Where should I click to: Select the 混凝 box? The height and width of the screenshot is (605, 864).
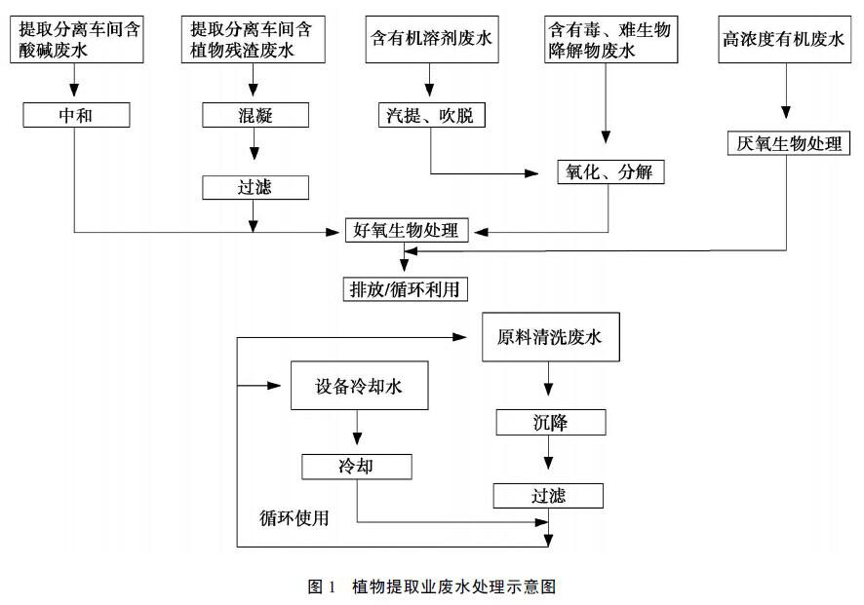pyautogui.click(x=255, y=116)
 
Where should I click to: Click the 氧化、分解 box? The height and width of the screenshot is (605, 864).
pyautogui.click(x=609, y=173)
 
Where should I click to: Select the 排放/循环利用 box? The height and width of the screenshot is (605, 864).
pyautogui.click(x=404, y=289)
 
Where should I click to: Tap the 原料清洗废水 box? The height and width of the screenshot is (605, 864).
pyautogui.click(x=549, y=338)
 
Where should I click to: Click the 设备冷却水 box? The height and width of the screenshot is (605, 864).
pyautogui.click(x=358, y=387)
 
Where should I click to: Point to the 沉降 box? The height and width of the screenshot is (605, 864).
pyautogui.click(x=550, y=423)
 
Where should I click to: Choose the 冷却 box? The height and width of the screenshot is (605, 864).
pyautogui.click(x=357, y=467)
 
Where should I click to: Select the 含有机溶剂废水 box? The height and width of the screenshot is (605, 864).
pyautogui.click(x=430, y=41)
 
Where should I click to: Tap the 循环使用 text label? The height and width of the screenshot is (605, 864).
pyautogui.click(x=294, y=517)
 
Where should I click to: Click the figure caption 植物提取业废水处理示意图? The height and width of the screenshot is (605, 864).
pyautogui.click(x=431, y=586)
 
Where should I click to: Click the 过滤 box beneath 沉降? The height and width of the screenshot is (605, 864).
pyautogui.click(x=547, y=496)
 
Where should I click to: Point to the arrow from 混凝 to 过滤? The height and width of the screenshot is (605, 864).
pyautogui.click(x=255, y=152)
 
